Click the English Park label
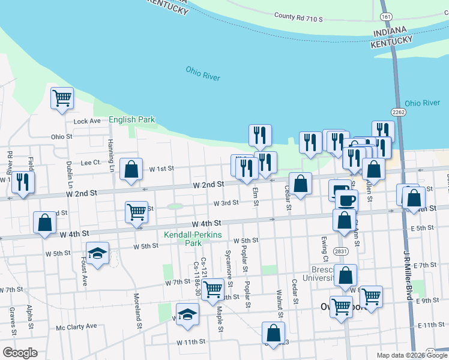coord(131,120)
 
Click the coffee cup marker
coord(346,200)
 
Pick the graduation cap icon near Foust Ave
coord(97,254)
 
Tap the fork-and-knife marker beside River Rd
coord(23,182)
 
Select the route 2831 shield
coord(341,251)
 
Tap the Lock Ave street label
coord(87,121)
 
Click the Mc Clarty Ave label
coord(76,326)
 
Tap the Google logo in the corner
coord(20,353)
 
